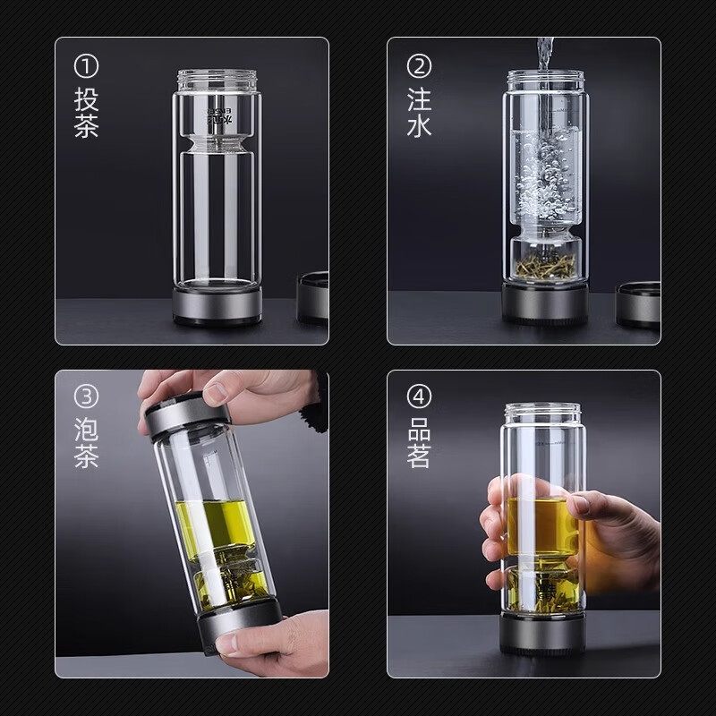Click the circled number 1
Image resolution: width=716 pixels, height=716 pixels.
[x=86, y=65]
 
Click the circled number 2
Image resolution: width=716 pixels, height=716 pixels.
[x=419, y=65]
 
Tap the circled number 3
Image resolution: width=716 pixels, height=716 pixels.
[x=86, y=396]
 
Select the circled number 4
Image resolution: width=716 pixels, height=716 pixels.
[x=419, y=396]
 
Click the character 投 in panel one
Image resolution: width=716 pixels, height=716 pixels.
[x=86, y=98]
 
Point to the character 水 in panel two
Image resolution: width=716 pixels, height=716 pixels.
[x=419, y=124]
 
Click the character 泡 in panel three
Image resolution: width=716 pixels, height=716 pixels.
[x=86, y=428]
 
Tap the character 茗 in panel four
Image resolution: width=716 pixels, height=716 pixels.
[x=419, y=456]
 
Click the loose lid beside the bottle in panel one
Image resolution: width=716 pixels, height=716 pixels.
[x=313, y=297]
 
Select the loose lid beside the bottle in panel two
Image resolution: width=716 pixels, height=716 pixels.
[x=637, y=304]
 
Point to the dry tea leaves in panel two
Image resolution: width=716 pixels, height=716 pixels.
[x=545, y=266]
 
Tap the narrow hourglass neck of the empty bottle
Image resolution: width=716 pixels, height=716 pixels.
[x=217, y=143]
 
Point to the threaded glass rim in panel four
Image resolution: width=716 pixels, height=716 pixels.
[x=542, y=413]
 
